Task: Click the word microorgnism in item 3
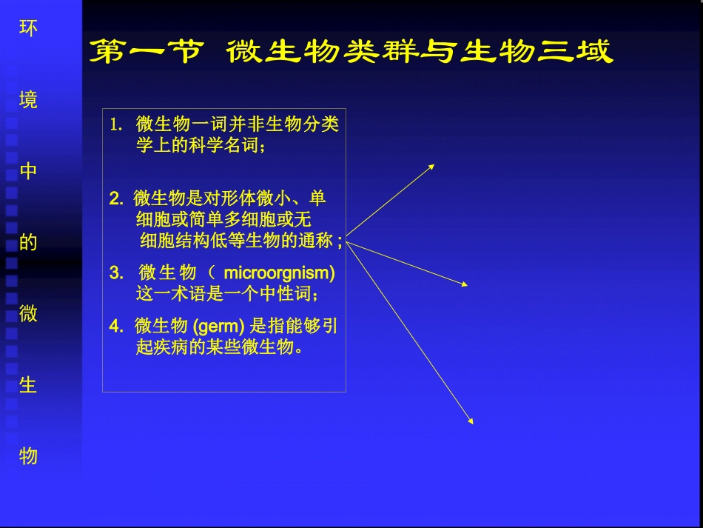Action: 278,273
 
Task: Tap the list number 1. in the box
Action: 116,124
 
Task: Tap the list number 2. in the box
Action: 115,198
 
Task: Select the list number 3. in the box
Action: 116,273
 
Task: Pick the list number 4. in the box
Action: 116,327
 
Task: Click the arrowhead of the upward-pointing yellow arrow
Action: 431,167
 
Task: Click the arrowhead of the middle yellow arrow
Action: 465,284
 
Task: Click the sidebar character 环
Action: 28,28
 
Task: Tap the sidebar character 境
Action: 28,99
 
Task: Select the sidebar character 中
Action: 28,171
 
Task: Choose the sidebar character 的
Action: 28,242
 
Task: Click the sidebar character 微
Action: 28,313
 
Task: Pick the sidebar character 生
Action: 28,385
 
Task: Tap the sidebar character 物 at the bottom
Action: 28,455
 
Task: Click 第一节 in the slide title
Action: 145,53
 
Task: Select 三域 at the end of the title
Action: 576,53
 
